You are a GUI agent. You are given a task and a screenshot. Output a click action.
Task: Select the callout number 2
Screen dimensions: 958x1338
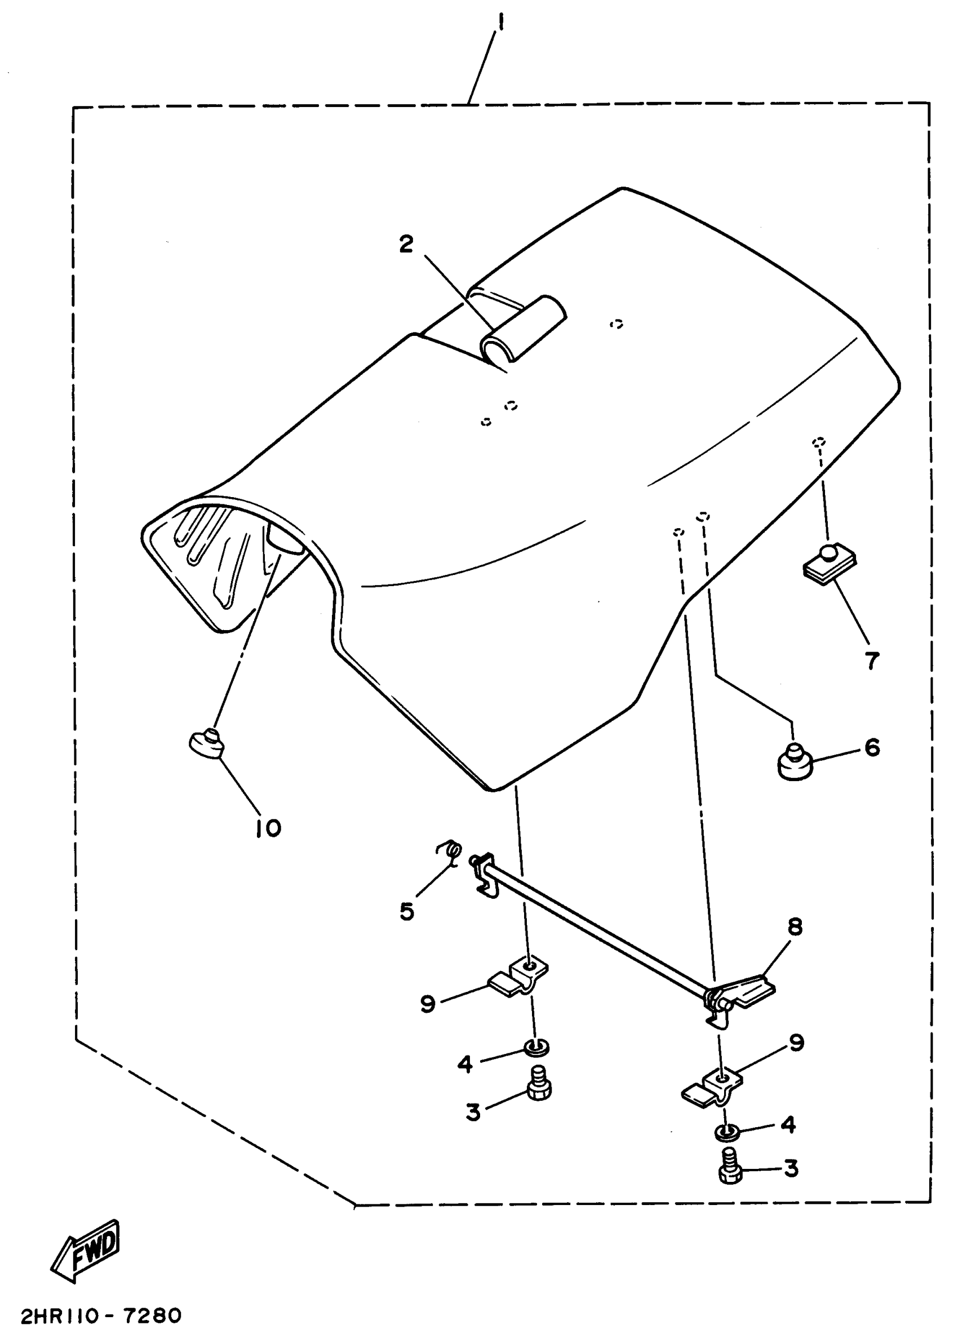(x=406, y=244)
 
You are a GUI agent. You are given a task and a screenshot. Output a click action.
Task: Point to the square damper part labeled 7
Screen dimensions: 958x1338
(x=830, y=565)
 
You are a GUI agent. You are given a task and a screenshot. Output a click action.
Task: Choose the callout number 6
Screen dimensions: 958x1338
(x=872, y=748)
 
